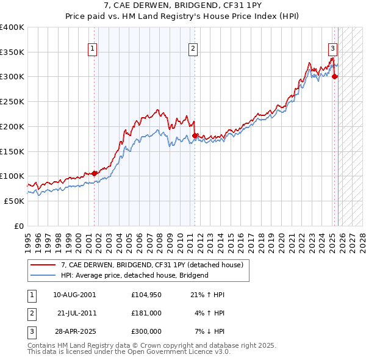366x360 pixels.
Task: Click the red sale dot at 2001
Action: (95, 173)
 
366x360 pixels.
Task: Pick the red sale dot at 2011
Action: (195, 135)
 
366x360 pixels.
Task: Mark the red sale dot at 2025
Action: (335, 76)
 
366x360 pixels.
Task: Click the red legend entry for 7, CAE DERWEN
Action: (152, 265)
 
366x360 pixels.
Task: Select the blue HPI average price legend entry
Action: (134, 275)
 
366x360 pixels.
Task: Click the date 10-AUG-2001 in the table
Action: (74, 295)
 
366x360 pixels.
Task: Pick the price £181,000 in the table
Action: (146, 313)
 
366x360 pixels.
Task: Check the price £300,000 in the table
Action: (146, 331)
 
